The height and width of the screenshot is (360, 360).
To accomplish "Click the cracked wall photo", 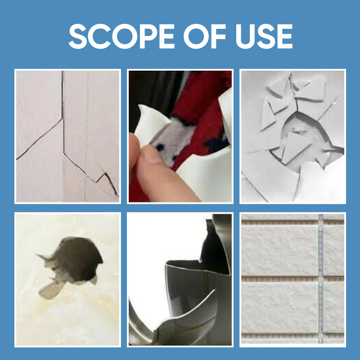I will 67,136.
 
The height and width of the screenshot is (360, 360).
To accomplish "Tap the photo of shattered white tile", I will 292,136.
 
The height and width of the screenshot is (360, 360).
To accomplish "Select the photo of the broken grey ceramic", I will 180,279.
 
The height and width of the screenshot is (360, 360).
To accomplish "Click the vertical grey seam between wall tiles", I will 320,279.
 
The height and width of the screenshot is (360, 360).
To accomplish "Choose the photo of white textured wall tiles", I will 292,279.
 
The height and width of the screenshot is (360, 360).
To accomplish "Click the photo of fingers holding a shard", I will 180,136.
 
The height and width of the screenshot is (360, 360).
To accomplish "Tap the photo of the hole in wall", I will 67,279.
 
